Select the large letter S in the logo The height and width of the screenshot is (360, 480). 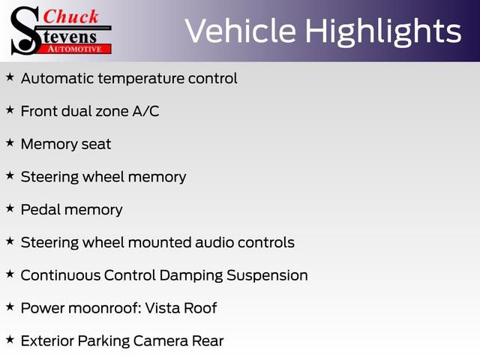25,30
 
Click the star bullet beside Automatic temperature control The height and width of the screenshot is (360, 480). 10,77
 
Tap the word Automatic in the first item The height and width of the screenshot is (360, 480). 55,78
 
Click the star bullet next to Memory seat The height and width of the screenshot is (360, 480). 10,142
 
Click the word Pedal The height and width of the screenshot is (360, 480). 40,209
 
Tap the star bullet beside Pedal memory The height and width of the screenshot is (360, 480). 10,208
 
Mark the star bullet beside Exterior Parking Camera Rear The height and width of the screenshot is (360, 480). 10,340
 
